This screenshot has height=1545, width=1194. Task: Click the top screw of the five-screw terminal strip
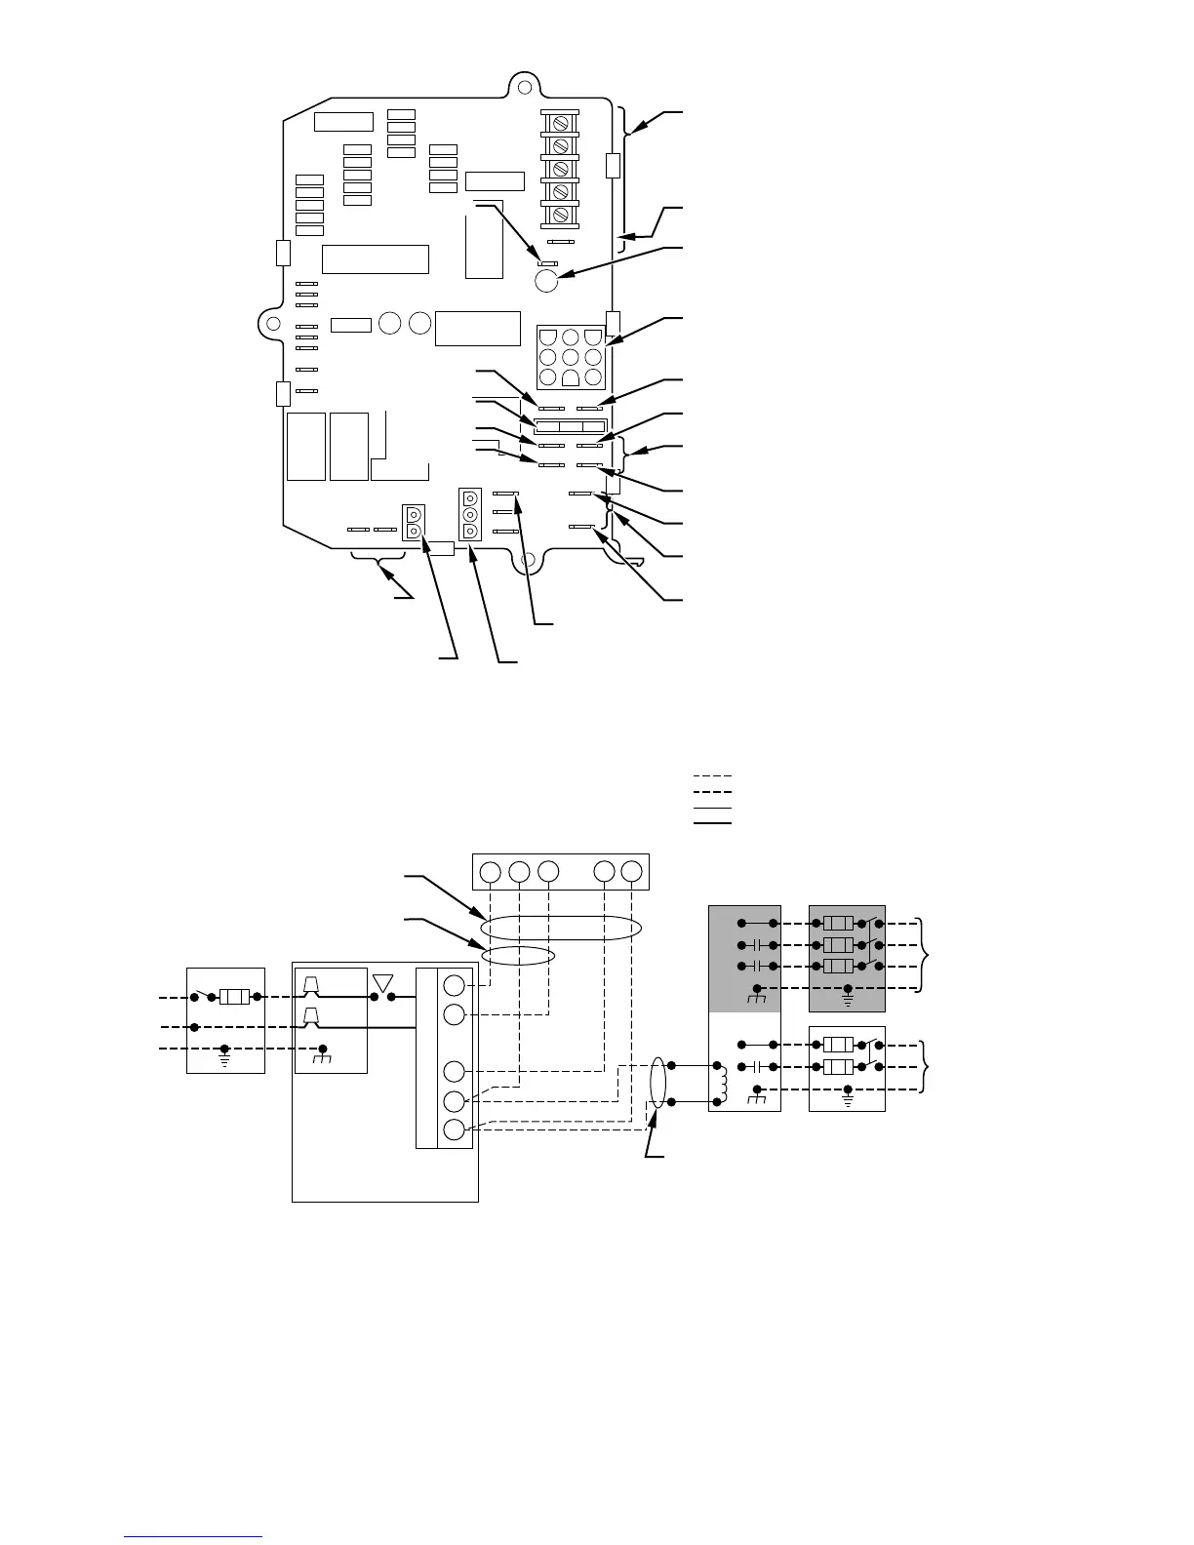point(561,124)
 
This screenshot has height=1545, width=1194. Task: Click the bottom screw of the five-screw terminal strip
point(561,214)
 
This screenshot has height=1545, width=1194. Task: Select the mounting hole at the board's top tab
point(525,89)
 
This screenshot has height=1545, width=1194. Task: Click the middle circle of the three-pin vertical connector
point(469,514)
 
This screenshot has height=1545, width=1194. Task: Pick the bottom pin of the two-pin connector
point(414,531)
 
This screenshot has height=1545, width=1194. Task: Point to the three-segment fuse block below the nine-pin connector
point(570,426)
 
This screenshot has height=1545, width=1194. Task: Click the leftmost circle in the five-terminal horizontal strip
point(491,871)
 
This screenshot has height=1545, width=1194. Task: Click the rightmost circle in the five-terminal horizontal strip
point(632,871)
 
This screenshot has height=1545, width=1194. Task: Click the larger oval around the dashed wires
point(560,928)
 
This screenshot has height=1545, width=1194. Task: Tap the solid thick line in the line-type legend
point(712,823)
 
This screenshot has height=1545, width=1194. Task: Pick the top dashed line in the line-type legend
point(712,776)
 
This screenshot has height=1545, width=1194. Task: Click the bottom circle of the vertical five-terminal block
point(454,1130)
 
